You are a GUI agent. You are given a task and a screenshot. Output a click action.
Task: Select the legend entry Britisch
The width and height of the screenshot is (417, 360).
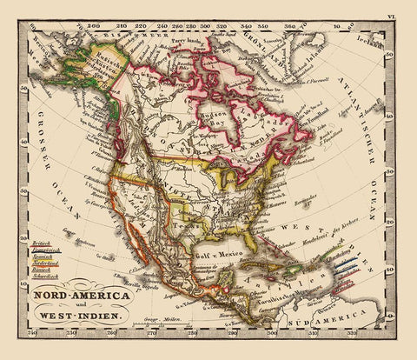coord(44,242)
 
